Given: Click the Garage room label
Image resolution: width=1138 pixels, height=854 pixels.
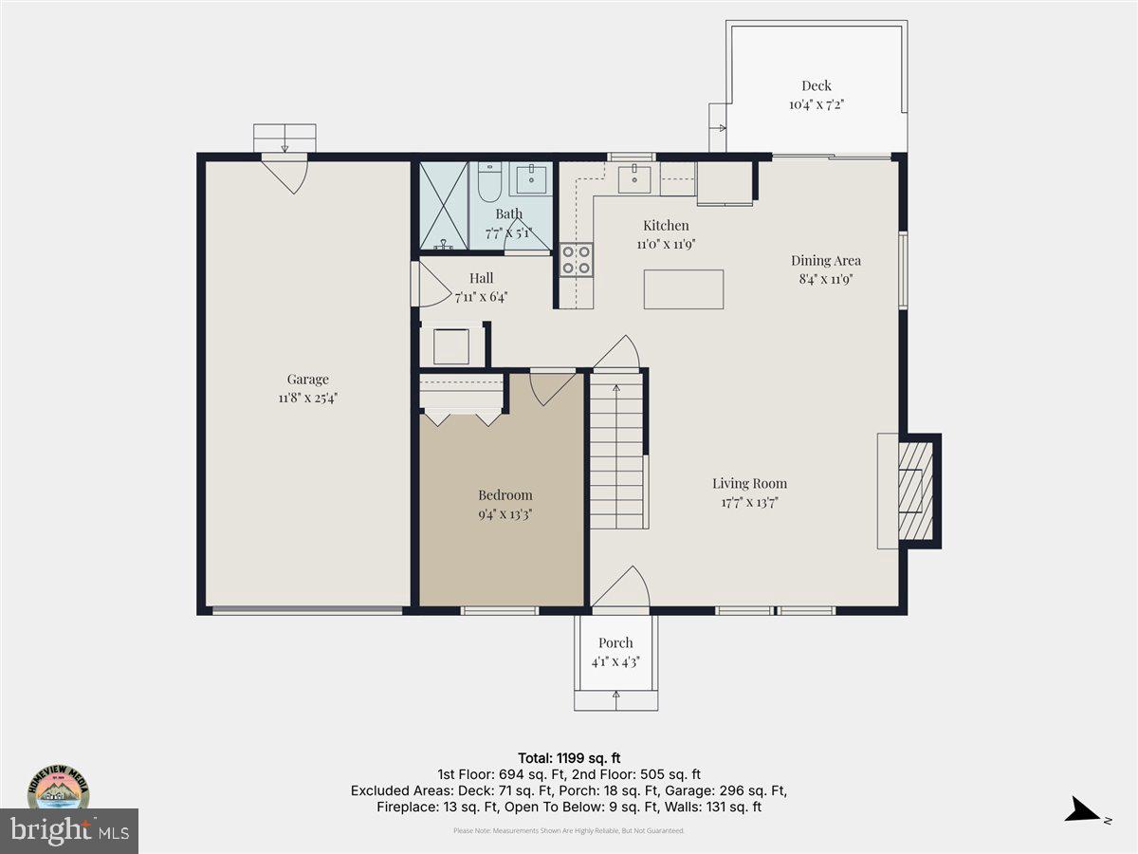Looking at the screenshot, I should point(307,380).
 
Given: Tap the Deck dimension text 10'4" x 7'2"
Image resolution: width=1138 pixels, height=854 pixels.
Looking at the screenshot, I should point(816,104).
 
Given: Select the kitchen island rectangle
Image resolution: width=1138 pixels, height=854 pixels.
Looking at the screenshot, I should point(683,289).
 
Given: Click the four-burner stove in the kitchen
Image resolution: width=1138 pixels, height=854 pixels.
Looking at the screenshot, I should point(576,260).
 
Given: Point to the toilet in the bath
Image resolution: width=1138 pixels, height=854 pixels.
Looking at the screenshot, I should point(489,182).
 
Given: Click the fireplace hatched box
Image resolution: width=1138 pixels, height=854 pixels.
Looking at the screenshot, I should point(915,491).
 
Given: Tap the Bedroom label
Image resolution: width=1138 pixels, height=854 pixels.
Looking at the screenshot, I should point(505,495).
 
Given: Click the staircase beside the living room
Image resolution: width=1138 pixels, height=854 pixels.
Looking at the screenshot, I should point(617,451).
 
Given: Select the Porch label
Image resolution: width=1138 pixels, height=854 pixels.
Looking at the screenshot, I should point(615,643).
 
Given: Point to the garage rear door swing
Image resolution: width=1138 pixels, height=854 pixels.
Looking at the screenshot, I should point(285,173).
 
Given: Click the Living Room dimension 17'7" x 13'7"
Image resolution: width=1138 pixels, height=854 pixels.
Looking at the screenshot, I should point(749,503).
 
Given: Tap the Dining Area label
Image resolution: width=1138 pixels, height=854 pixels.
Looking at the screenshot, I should point(826,260).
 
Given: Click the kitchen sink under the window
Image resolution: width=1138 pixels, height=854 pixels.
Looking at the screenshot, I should point(633,178).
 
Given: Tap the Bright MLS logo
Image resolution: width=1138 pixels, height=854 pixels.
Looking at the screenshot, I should point(68,831).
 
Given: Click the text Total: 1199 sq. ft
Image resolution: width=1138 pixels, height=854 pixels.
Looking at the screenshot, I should point(569,758).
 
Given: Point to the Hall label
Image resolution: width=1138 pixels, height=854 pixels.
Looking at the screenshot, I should point(481,279).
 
